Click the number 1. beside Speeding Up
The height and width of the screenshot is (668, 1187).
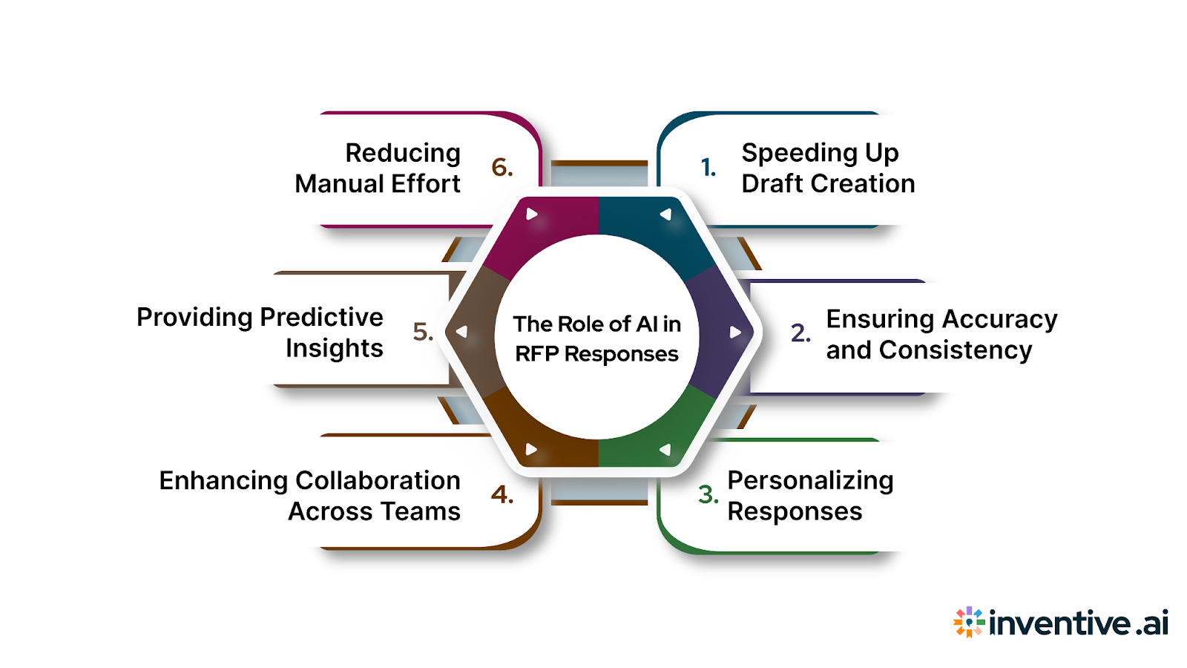[708, 168]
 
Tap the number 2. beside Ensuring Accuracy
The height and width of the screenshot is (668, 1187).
[800, 333]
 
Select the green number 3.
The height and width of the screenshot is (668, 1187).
[708, 494]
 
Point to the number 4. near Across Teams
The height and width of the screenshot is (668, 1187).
[502, 494]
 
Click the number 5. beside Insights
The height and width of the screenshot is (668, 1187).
[422, 331]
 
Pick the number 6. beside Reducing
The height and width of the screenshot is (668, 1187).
[502, 168]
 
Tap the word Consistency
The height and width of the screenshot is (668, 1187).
[956, 350]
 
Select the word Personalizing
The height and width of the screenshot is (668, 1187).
[810, 481]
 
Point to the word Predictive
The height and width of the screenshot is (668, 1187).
[321, 317]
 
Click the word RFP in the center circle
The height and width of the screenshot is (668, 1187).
[536, 354]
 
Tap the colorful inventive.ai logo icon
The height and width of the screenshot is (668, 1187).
[969, 622]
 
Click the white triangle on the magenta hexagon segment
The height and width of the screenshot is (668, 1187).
[531, 215]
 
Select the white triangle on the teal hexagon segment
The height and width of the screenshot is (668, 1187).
[665, 215]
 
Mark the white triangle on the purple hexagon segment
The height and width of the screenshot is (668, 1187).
[734, 332]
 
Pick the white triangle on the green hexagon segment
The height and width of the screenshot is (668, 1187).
[665, 449]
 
